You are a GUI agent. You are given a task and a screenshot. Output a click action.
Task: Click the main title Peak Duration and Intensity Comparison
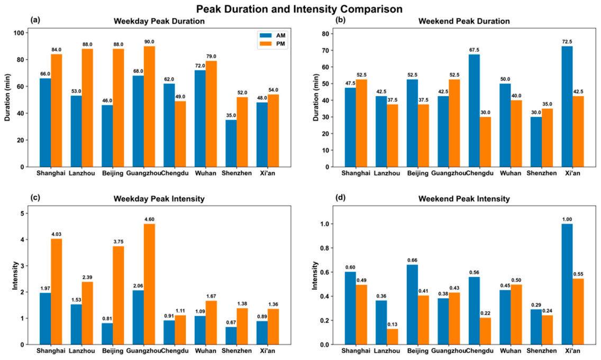[x=299, y=8]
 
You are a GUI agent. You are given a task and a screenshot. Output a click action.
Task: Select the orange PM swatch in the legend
[x=266, y=44]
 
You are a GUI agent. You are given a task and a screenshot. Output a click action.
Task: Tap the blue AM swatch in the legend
[x=266, y=35]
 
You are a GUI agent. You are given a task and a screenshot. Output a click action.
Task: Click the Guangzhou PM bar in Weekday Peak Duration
[x=150, y=106]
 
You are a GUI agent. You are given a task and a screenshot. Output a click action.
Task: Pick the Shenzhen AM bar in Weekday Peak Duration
[x=231, y=143]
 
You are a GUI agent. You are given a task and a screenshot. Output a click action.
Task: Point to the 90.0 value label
[x=150, y=42]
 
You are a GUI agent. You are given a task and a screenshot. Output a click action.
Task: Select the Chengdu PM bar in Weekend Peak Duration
[x=485, y=142]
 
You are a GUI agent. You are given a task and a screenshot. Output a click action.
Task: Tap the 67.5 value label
[x=474, y=50]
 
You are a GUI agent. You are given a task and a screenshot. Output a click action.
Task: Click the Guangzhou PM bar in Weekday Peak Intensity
[x=150, y=284]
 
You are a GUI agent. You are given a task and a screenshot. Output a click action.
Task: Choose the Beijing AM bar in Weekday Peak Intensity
[x=107, y=334]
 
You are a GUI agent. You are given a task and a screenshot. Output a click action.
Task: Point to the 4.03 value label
[x=56, y=234]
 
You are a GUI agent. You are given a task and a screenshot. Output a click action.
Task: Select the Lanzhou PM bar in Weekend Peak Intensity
[x=393, y=337]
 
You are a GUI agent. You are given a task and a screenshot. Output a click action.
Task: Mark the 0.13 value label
[x=393, y=325]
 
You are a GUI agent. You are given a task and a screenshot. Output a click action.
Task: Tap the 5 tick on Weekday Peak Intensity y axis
[x=23, y=214]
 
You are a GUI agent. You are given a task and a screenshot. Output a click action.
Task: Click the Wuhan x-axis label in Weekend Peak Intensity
[x=511, y=351]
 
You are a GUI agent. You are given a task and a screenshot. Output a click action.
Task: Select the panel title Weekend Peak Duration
[x=464, y=21]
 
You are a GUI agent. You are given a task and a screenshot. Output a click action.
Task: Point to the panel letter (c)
[x=35, y=198]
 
